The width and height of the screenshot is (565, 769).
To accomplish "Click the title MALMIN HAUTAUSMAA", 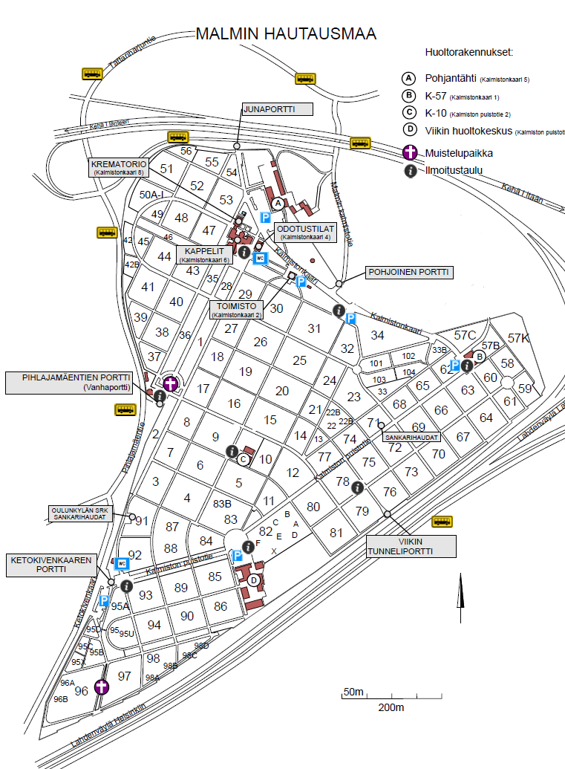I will tap(285, 34).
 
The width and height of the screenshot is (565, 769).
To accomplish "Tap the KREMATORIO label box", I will tap(118, 166).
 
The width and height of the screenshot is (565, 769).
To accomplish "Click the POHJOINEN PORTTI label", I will tap(409, 273).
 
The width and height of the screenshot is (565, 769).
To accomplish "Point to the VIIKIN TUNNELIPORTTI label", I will tap(411, 545).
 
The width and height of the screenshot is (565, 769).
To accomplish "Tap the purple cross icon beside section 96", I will tap(102, 687).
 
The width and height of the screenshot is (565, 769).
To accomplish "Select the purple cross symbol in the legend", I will tap(408, 153).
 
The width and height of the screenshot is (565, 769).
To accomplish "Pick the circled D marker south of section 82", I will tap(254, 580).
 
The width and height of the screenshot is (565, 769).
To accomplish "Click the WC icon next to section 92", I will tap(123, 563).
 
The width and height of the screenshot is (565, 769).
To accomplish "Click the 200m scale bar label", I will tap(391, 707).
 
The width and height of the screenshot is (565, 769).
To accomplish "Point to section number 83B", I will tap(223, 504).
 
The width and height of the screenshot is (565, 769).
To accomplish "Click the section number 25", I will tap(299, 360).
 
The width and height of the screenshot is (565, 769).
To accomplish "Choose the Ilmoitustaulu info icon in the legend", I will tap(408, 171).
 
